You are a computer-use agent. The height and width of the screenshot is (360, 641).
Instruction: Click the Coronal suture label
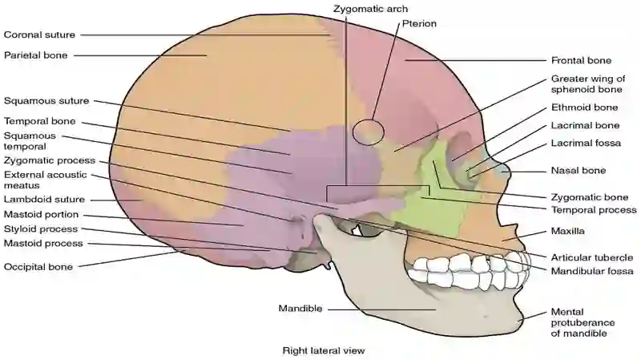tap(39, 34)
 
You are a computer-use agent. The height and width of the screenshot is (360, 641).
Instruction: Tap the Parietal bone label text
tap(35, 55)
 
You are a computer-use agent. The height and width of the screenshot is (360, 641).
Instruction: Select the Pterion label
tap(419, 24)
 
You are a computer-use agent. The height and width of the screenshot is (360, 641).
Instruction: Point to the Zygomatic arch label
tap(370, 9)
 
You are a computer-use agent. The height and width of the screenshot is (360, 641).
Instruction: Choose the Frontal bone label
tap(581, 61)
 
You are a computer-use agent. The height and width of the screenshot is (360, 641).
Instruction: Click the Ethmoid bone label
tap(584, 107)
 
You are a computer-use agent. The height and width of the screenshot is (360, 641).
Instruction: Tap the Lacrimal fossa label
tap(586, 144)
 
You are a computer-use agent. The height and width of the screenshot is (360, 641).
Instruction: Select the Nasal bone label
tap(578, 170)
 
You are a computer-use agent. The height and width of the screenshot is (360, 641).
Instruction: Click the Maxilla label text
tap(567, 231)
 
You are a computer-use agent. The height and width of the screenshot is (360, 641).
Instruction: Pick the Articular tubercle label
tap(591, 257)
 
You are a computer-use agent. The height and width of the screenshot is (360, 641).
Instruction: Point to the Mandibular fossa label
tap(592, 271)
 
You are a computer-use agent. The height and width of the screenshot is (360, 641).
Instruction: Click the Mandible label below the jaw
tap(300, 308)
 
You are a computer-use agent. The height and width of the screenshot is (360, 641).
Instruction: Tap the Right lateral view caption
tap(324, 350)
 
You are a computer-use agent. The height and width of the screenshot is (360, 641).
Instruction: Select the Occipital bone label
tap(38, 267)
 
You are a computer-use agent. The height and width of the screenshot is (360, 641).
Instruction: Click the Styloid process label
tap(41, 229)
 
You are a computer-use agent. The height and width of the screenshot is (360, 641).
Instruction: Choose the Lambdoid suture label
tap(44, 199)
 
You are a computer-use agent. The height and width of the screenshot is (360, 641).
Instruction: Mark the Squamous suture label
tap(46, 101)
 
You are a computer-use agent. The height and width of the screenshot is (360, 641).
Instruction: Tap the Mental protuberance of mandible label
tap(583, 322)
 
